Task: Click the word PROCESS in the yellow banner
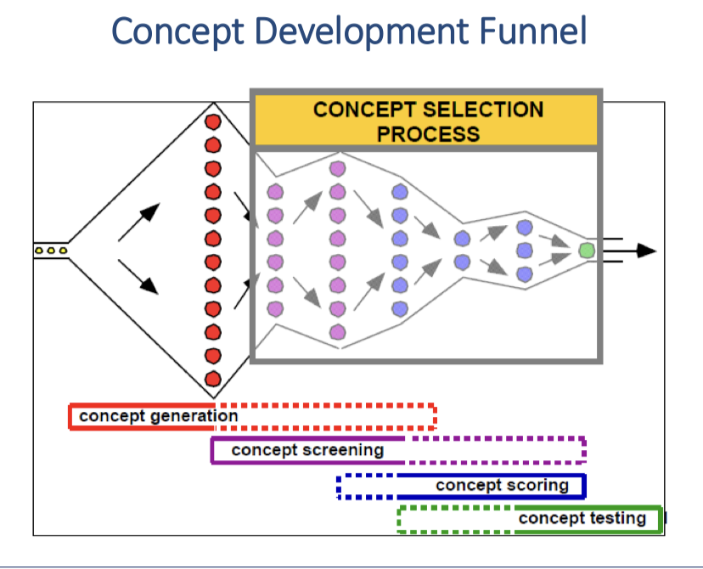click(428, 134)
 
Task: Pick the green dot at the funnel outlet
click(586, 251)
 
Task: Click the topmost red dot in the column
click(212, 121)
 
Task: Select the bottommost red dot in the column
click(212, 379)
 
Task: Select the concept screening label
click(307, 450)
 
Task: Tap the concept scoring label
click(502, 486)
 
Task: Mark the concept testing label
click(582, 518)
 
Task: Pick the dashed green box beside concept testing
click(454, 519)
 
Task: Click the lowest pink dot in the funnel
click(337, 331)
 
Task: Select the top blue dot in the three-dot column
click(524, 228)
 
